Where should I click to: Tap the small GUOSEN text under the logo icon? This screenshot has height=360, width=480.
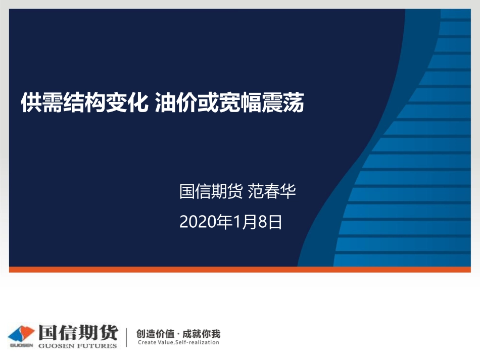21,346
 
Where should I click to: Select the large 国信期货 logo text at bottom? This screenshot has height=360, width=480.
77,333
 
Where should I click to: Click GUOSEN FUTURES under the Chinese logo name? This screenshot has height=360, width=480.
77,346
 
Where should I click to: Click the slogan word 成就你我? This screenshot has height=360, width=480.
202,334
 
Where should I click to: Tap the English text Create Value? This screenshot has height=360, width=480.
156,343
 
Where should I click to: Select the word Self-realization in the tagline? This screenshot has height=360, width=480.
197,343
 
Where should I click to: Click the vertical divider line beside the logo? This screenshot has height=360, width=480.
126,337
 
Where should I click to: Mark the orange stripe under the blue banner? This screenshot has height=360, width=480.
240,270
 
